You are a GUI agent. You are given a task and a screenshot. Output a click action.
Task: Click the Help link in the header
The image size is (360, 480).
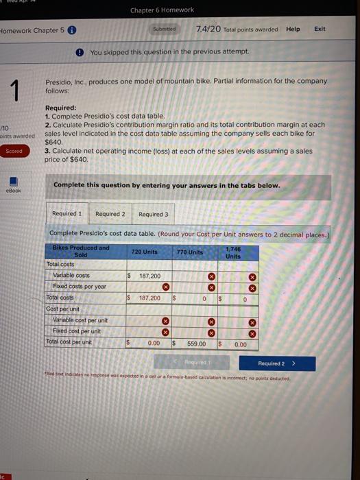point(293,29)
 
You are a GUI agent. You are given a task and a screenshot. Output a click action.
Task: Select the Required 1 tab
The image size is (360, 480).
point(67,214)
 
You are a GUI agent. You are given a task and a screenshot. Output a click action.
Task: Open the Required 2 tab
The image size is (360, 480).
point(110,214)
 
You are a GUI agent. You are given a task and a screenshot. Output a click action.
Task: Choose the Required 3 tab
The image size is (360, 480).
point(153,214)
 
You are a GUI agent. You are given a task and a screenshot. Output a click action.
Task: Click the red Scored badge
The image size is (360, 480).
point(14,151)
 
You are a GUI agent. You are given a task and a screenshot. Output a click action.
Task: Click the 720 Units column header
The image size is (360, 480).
point(144,252)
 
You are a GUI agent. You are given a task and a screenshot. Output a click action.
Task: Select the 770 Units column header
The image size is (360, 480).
point(190,252)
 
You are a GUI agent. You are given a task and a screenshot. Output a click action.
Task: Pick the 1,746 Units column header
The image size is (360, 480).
point(233,252)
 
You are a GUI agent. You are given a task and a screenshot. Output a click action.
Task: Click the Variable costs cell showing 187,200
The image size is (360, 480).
point(144,275)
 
